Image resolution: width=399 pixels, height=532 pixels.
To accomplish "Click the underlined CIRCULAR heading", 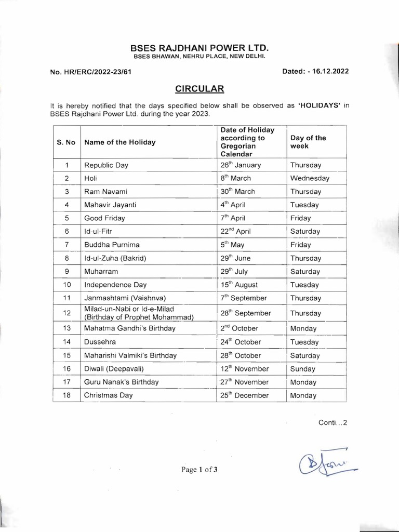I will click(x=199, y=89).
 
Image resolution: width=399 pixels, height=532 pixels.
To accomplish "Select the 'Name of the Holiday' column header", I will click(x=119, y=142).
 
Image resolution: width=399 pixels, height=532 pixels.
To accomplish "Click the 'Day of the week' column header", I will click(x=309, y=142).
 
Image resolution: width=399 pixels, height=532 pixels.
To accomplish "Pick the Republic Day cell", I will click(x=106, y=165).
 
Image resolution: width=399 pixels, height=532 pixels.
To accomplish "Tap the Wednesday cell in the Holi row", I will click(x=310, y=178).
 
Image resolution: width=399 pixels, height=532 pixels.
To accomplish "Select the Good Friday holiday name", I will click(x=104, y=218).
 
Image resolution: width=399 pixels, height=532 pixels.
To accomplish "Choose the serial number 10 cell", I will click(x=66, y=285).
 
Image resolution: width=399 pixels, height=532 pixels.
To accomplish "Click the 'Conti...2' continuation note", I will click(x=332, y=423).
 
